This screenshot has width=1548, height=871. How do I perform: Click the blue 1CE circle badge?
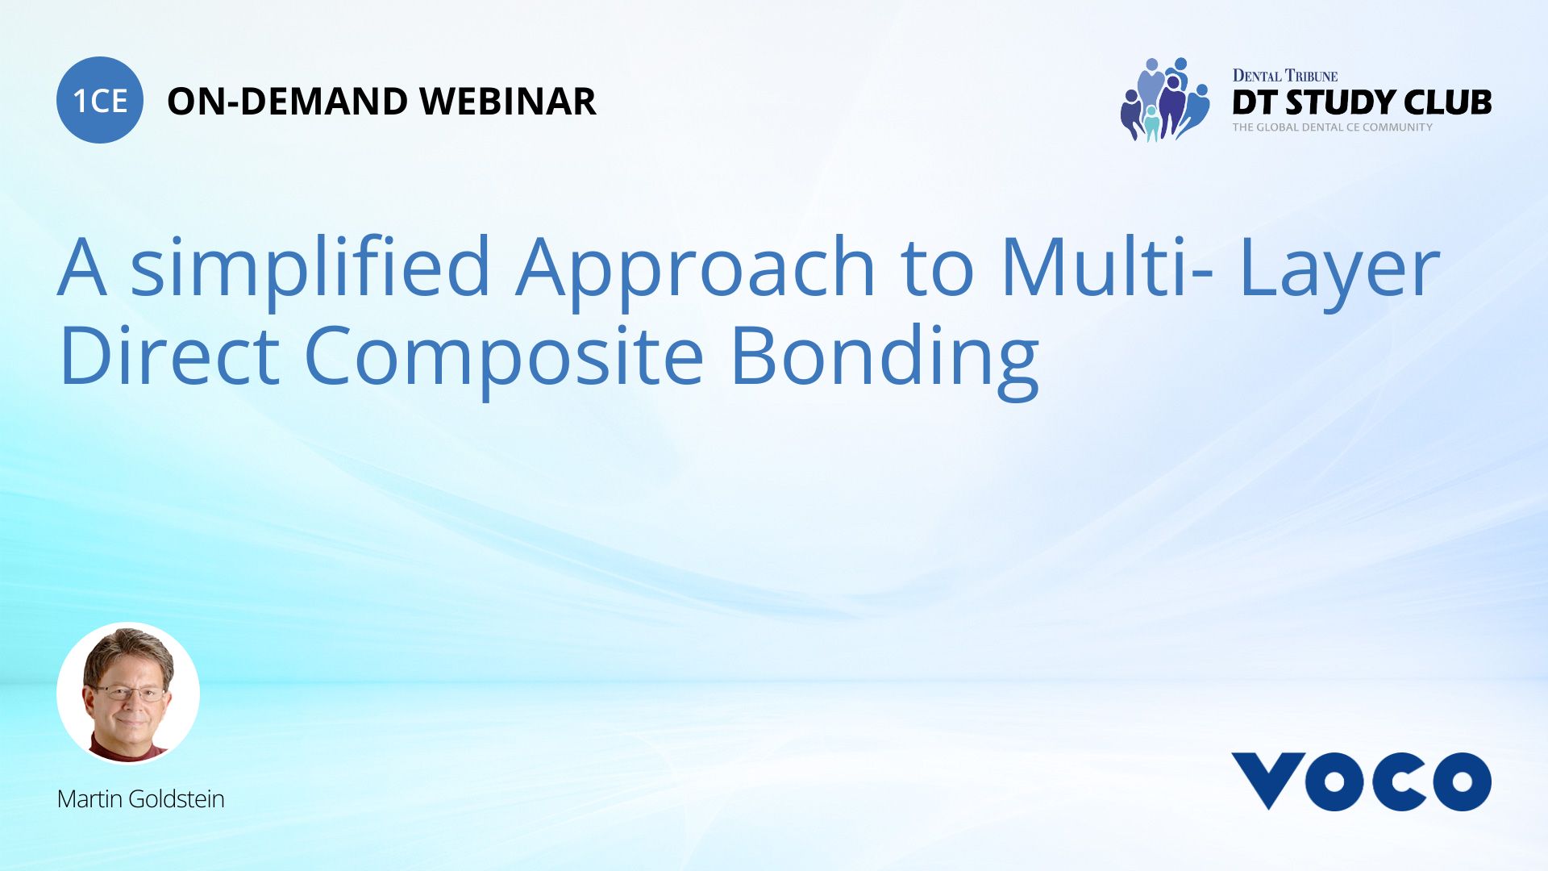[x=100, y=100]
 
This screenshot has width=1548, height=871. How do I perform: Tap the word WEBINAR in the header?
[x=507, y=102]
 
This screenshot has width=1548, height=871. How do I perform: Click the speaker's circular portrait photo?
[x=128, y=693]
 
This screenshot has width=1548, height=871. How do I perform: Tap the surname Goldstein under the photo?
[x=176, y=799]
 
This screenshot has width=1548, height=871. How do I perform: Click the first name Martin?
[x=89, y=799]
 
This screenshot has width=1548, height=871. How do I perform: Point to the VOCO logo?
[x=1361, y=781]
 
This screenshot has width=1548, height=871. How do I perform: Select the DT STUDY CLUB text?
[x=1361, y=102]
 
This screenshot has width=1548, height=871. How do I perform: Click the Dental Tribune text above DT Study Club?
[x=1284, y=76]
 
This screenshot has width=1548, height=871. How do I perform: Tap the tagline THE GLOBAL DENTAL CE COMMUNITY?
[x=1332, y=127]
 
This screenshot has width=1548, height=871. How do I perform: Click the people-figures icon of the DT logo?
[x=1164, y=100]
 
